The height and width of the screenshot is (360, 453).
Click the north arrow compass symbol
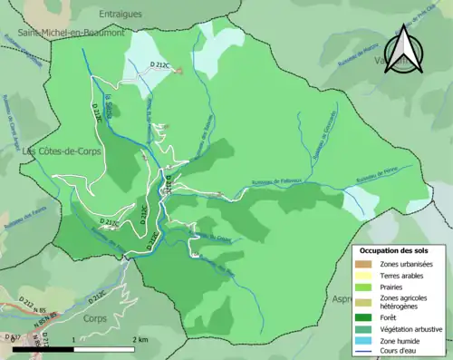click(x=405, y=51)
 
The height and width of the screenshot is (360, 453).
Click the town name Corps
click(x=94, y=319)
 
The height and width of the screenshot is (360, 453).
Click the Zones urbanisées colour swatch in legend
click(x=364, y=263)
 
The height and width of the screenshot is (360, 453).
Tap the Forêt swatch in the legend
click(x=364, y=316)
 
